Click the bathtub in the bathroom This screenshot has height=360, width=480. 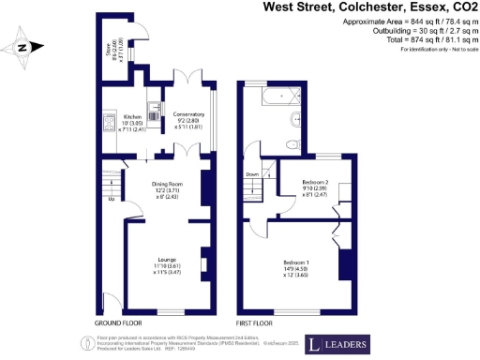pyautogui.click(x=274, y=97)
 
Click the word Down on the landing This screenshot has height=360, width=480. pyautogui.click(x=252, y=174)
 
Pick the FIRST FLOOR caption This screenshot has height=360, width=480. pyautogui.click(x=254, y=322)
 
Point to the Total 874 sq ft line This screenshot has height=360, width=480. pyautogui.click(x=418, y=40)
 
